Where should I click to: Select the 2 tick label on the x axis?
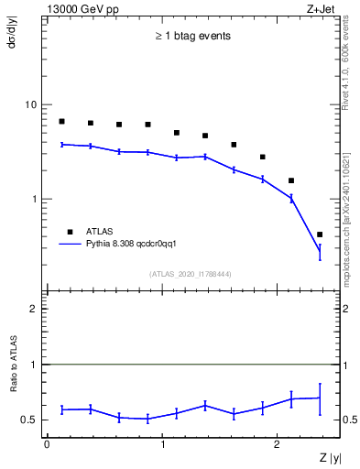point(278,444)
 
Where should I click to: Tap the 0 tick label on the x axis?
point(47,444)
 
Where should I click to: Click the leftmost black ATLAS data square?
point(61,121)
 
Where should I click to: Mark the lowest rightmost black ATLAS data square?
point(319,234)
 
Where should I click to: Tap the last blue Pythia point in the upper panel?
point(319,250)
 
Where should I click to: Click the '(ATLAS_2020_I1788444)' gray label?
point(191,272)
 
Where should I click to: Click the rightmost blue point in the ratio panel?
point(319,398)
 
